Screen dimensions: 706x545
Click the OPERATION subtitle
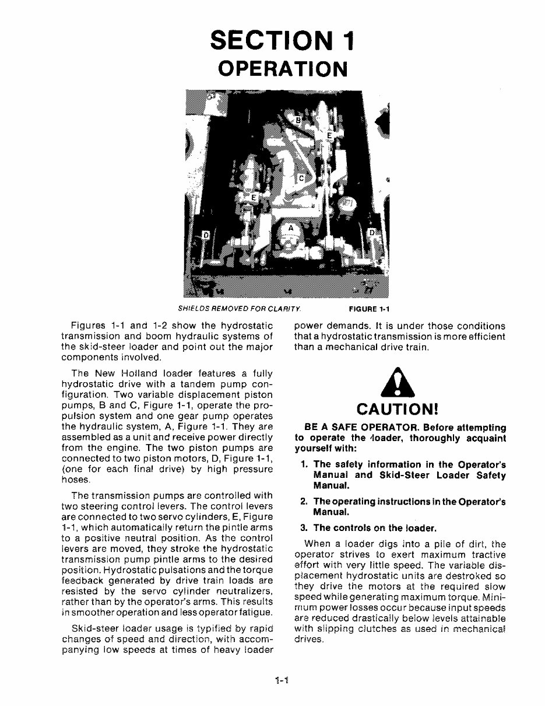click(283, 68)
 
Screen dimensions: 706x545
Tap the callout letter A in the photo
click(290, 228)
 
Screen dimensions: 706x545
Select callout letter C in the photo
click(301, 177)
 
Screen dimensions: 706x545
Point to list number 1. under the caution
click(304, 465)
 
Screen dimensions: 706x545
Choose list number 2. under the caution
click(304, 502)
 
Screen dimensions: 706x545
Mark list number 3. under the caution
click(304, 529)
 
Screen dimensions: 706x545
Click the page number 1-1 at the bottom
click(283, 680)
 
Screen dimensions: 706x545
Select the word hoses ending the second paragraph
click(74, 480)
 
